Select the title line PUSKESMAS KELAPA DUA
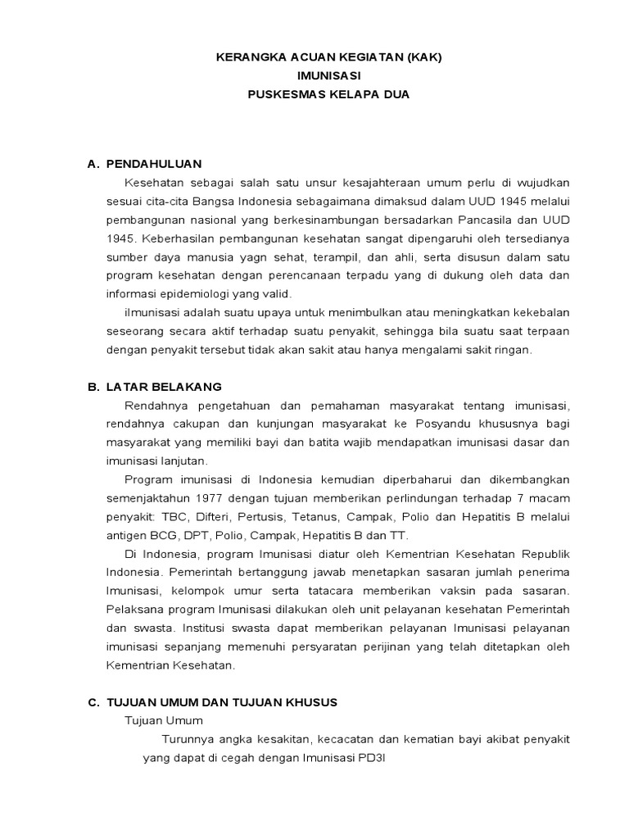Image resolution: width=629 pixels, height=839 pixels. [x=328, y=94]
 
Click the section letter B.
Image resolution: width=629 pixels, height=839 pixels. [x=92, y=387]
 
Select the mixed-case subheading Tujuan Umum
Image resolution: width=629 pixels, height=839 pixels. [x=163, y=720]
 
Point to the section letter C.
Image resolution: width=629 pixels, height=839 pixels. [x=92, y=702]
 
